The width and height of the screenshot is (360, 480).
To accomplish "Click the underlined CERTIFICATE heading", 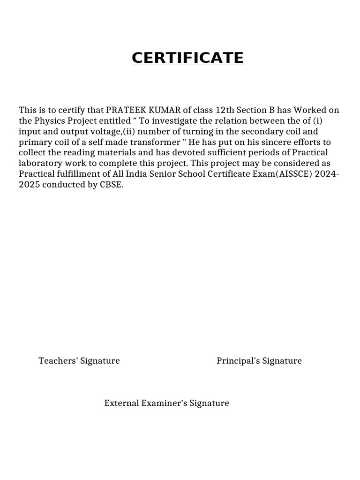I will click(187, 58).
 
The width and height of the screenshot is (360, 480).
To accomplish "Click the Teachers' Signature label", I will click(79, 361).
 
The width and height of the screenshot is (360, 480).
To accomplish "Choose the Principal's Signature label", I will click(259, 361).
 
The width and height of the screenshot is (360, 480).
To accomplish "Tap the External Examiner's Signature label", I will click(166, 403).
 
